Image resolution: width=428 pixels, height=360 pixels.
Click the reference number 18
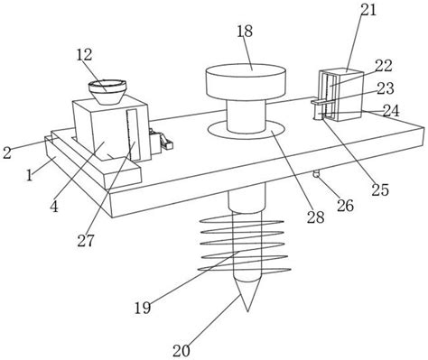[245, 32]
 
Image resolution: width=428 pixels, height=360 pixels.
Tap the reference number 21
[368, 10]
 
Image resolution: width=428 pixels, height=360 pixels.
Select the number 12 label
[84, 55]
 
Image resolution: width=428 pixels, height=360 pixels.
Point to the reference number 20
[181, 350]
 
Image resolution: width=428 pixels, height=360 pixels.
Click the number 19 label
[143, 308]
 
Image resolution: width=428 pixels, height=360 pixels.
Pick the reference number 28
[316, 217]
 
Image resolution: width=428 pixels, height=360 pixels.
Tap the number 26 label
[345, 206]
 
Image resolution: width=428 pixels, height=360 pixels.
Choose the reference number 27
[86, 241]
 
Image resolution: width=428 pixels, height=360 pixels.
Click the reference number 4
[54, 207]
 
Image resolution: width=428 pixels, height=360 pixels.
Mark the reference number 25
[380, 189]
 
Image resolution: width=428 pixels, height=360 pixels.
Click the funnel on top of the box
[107, 92]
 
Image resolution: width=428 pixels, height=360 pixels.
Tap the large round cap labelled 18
[246, 81]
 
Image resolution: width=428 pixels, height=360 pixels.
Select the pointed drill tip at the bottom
[247, 295]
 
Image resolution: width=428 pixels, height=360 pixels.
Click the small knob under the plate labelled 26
[316, 174]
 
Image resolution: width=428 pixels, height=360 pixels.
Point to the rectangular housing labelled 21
[341, 95]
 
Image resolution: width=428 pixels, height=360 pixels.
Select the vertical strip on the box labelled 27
[132, 134]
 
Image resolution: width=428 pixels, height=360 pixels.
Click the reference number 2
[7, 153]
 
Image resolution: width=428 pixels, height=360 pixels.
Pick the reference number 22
[384, 66]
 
